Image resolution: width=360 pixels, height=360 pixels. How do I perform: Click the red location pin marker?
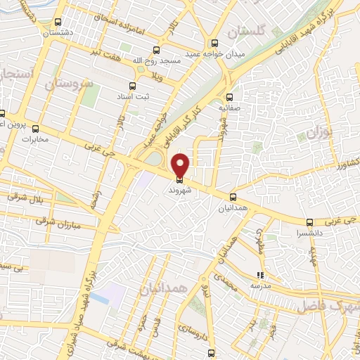pyautogui.click(x=181, y=165)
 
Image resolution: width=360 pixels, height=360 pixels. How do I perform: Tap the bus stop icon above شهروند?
pyautogui.click(x=181, y=179)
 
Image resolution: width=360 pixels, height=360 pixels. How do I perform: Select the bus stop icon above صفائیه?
pyautogui.click(x=229, y=99)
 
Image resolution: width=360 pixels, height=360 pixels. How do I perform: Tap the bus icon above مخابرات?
pyautogui.click(x=36, y=129)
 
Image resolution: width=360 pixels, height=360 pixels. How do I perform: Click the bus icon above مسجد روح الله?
pyautogui.click(x=156, y=50)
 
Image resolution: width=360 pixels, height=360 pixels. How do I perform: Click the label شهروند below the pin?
pyautogui.click(x=181, y=190)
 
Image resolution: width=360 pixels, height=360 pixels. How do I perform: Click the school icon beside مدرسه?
pyautogui.click(x=260, y=276)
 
